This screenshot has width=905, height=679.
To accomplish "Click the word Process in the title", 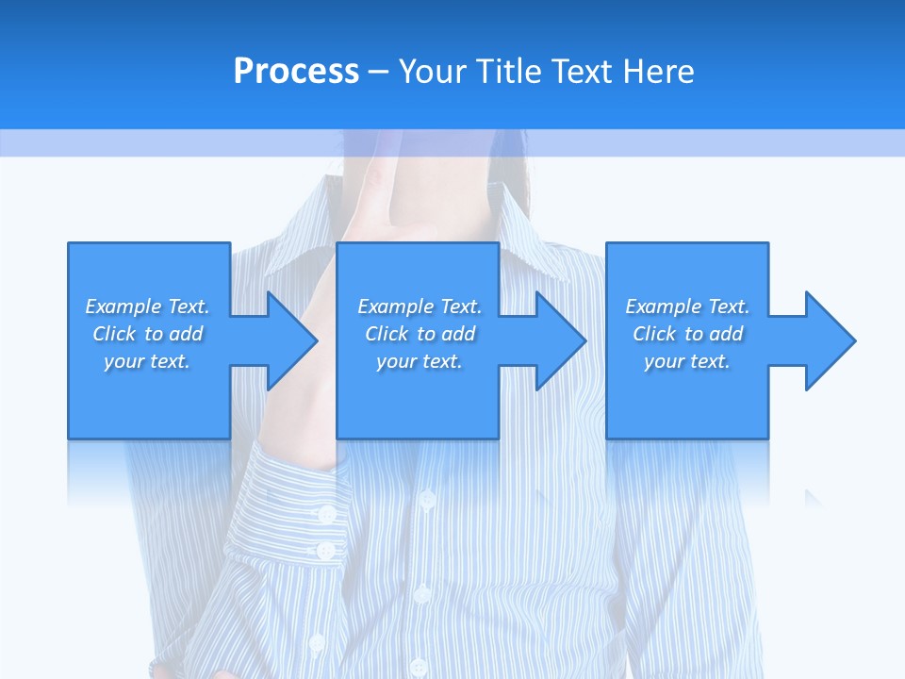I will pos(296,72).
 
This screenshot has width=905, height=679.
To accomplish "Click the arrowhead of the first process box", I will pos(292,340).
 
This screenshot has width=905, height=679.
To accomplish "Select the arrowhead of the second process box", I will pos(561,340).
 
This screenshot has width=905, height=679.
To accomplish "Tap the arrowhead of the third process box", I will pos(830,340).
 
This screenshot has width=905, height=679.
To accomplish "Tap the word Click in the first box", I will pos(114,334).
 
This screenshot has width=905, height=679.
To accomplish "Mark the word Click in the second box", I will pos(387,334).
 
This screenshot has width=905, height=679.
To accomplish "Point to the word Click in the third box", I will pos(654,334).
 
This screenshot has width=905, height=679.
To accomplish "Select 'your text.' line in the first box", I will pos(147,361).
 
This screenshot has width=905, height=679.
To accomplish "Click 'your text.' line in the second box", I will pos(420,361).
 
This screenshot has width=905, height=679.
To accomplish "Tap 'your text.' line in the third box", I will pos(687,361).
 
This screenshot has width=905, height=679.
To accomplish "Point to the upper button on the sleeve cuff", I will pos(326,514).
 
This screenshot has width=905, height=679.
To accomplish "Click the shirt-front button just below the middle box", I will pos(427,498).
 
